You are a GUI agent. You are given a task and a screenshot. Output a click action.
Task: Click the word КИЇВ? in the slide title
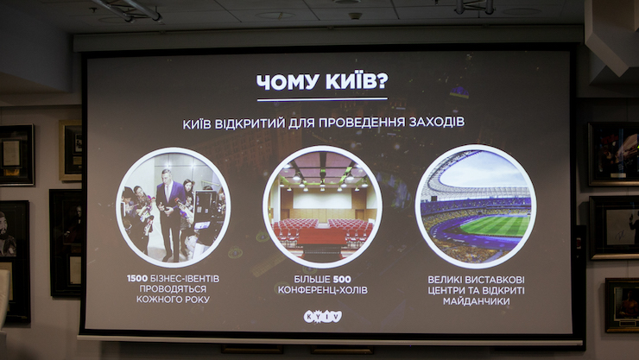tap(357, 80)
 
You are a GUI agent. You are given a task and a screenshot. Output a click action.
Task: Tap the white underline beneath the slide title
tap(322, 99)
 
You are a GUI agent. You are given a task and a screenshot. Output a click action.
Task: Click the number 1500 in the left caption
tap(137, 279)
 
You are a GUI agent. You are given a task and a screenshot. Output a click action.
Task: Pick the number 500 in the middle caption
tap(342, 280)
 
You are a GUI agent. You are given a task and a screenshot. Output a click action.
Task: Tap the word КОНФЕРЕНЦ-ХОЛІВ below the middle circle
tap(323, 290)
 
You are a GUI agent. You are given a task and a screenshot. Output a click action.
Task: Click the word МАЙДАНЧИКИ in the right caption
tap(476, 301)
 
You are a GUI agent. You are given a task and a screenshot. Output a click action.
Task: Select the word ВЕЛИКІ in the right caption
tap(444, 280)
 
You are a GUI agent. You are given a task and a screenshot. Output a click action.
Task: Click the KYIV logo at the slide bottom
tap(323, 317)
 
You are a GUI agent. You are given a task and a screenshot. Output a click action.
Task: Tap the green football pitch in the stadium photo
tap(495, 225)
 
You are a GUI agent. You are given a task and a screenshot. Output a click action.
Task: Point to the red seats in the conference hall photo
tap(322, 231)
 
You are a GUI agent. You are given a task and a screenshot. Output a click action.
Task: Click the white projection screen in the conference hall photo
tap(322, 199)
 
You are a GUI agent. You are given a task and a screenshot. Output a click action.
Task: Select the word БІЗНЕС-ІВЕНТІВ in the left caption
tap(185, 279)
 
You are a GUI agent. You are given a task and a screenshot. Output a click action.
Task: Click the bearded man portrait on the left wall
tap(7, 236)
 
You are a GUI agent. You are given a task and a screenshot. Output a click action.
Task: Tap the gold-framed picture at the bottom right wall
tap(623, 305)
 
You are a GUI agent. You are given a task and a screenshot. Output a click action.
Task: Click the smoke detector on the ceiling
tap(355, 16)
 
